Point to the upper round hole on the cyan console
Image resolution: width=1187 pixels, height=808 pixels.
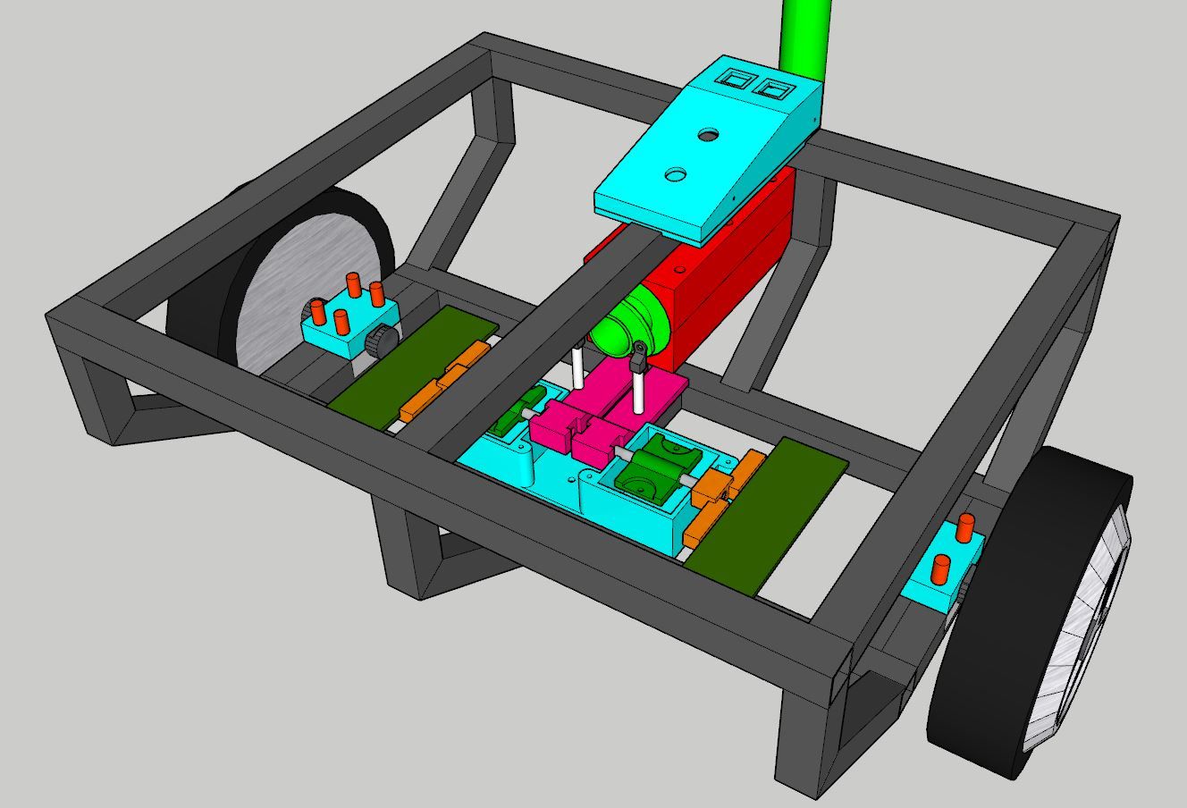[x=709, y=137]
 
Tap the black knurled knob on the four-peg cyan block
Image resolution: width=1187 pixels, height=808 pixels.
[x=382, y=341]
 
